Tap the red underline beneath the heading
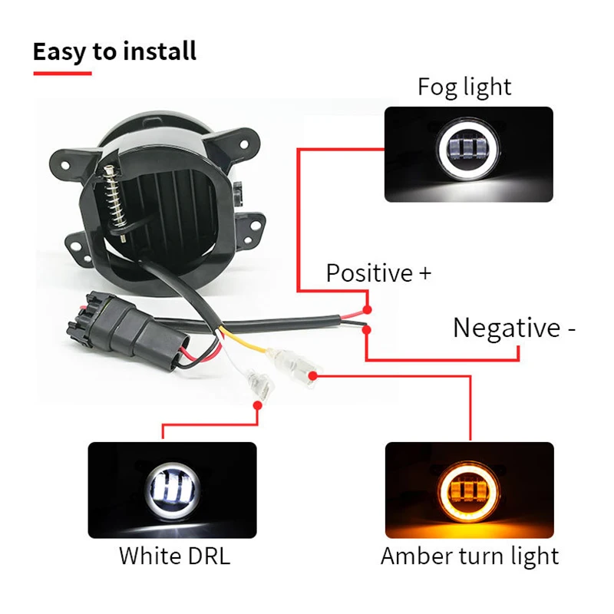click(x=62, y=73)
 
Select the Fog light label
click(x=464, y=87)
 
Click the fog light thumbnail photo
click(x=468, y=154)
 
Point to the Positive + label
click(x=378, y=272)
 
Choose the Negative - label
click(x=514, y=328)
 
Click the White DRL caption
click(x=174, y=555)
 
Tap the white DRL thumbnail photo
click(x=172, y=490)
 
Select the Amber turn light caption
click(x=470, y=555)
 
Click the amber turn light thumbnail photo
click(x=469, y=490)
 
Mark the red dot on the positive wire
click(x=368, y=309)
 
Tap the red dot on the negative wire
click(x=368, y=329)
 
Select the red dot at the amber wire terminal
click(x=315, y=375)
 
